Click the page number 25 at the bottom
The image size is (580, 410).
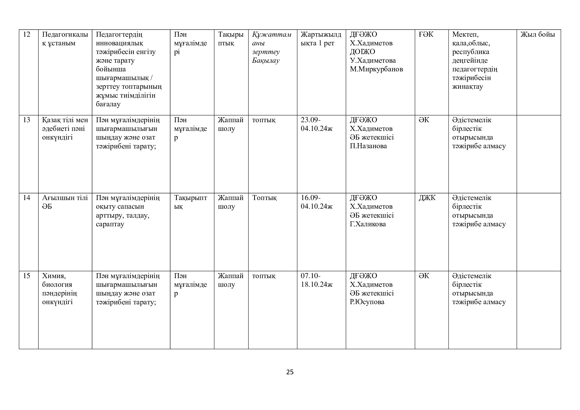pos(290,372)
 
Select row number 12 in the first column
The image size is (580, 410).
pos(27,34)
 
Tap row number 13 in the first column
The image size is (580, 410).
pos(27,120)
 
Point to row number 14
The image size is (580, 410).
pos(27,198)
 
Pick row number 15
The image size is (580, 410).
pos(27,276)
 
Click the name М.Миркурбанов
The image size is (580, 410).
pos(376,69)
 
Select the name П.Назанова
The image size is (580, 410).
pos(368,146)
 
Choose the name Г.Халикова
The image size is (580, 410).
pos(367,224)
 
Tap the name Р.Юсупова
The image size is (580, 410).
pos(367,302)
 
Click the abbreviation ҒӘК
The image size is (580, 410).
pos(426,34)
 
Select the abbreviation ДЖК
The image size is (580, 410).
pos(427,198)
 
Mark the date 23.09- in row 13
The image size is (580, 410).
pos(310,120)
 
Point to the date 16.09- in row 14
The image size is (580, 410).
pos(310,198)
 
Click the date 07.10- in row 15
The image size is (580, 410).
pos(310,276)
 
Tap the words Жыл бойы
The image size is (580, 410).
pos(538,34)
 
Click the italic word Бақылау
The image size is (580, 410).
pos(266,60)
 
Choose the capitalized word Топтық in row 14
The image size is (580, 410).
pos(264,198)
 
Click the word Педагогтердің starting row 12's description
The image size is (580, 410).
pos(119,35)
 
